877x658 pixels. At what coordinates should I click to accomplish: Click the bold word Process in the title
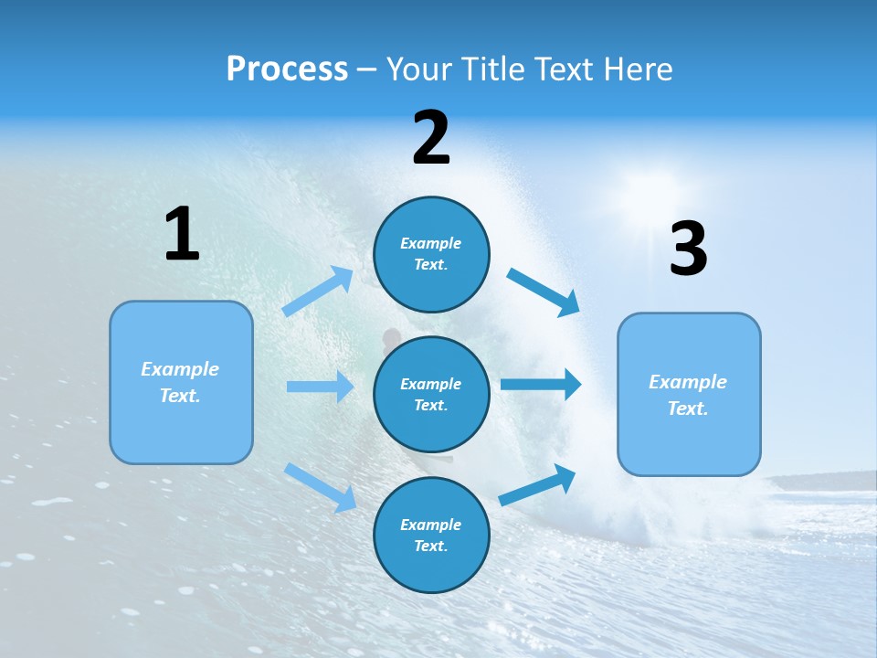click(x=287, y=69)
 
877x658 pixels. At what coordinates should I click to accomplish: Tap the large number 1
click(x=182, y=234)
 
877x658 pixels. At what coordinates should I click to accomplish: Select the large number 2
click(x=431, y=138)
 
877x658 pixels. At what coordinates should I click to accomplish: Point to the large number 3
click(x=688, y=249)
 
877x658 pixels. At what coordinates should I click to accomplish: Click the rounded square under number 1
click(x=181, y=382)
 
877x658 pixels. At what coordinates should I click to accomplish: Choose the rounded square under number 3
click(x=689, y=394)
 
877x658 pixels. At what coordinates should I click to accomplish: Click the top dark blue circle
click(x=431, y=254)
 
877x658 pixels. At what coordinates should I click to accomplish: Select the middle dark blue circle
click(x=431, y=394)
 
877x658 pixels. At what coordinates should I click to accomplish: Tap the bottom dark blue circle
click(x=431, y=535)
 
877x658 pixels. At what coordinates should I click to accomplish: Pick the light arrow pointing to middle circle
click(x=320, y=387)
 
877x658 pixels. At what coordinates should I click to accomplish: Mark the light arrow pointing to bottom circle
click(x=320, y=487)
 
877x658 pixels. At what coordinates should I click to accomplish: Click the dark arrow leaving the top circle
click(x=543, y=292)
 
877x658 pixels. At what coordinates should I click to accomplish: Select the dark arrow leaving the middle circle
click(x=541, y=384)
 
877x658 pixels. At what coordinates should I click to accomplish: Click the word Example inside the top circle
click(x=430, y=243)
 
